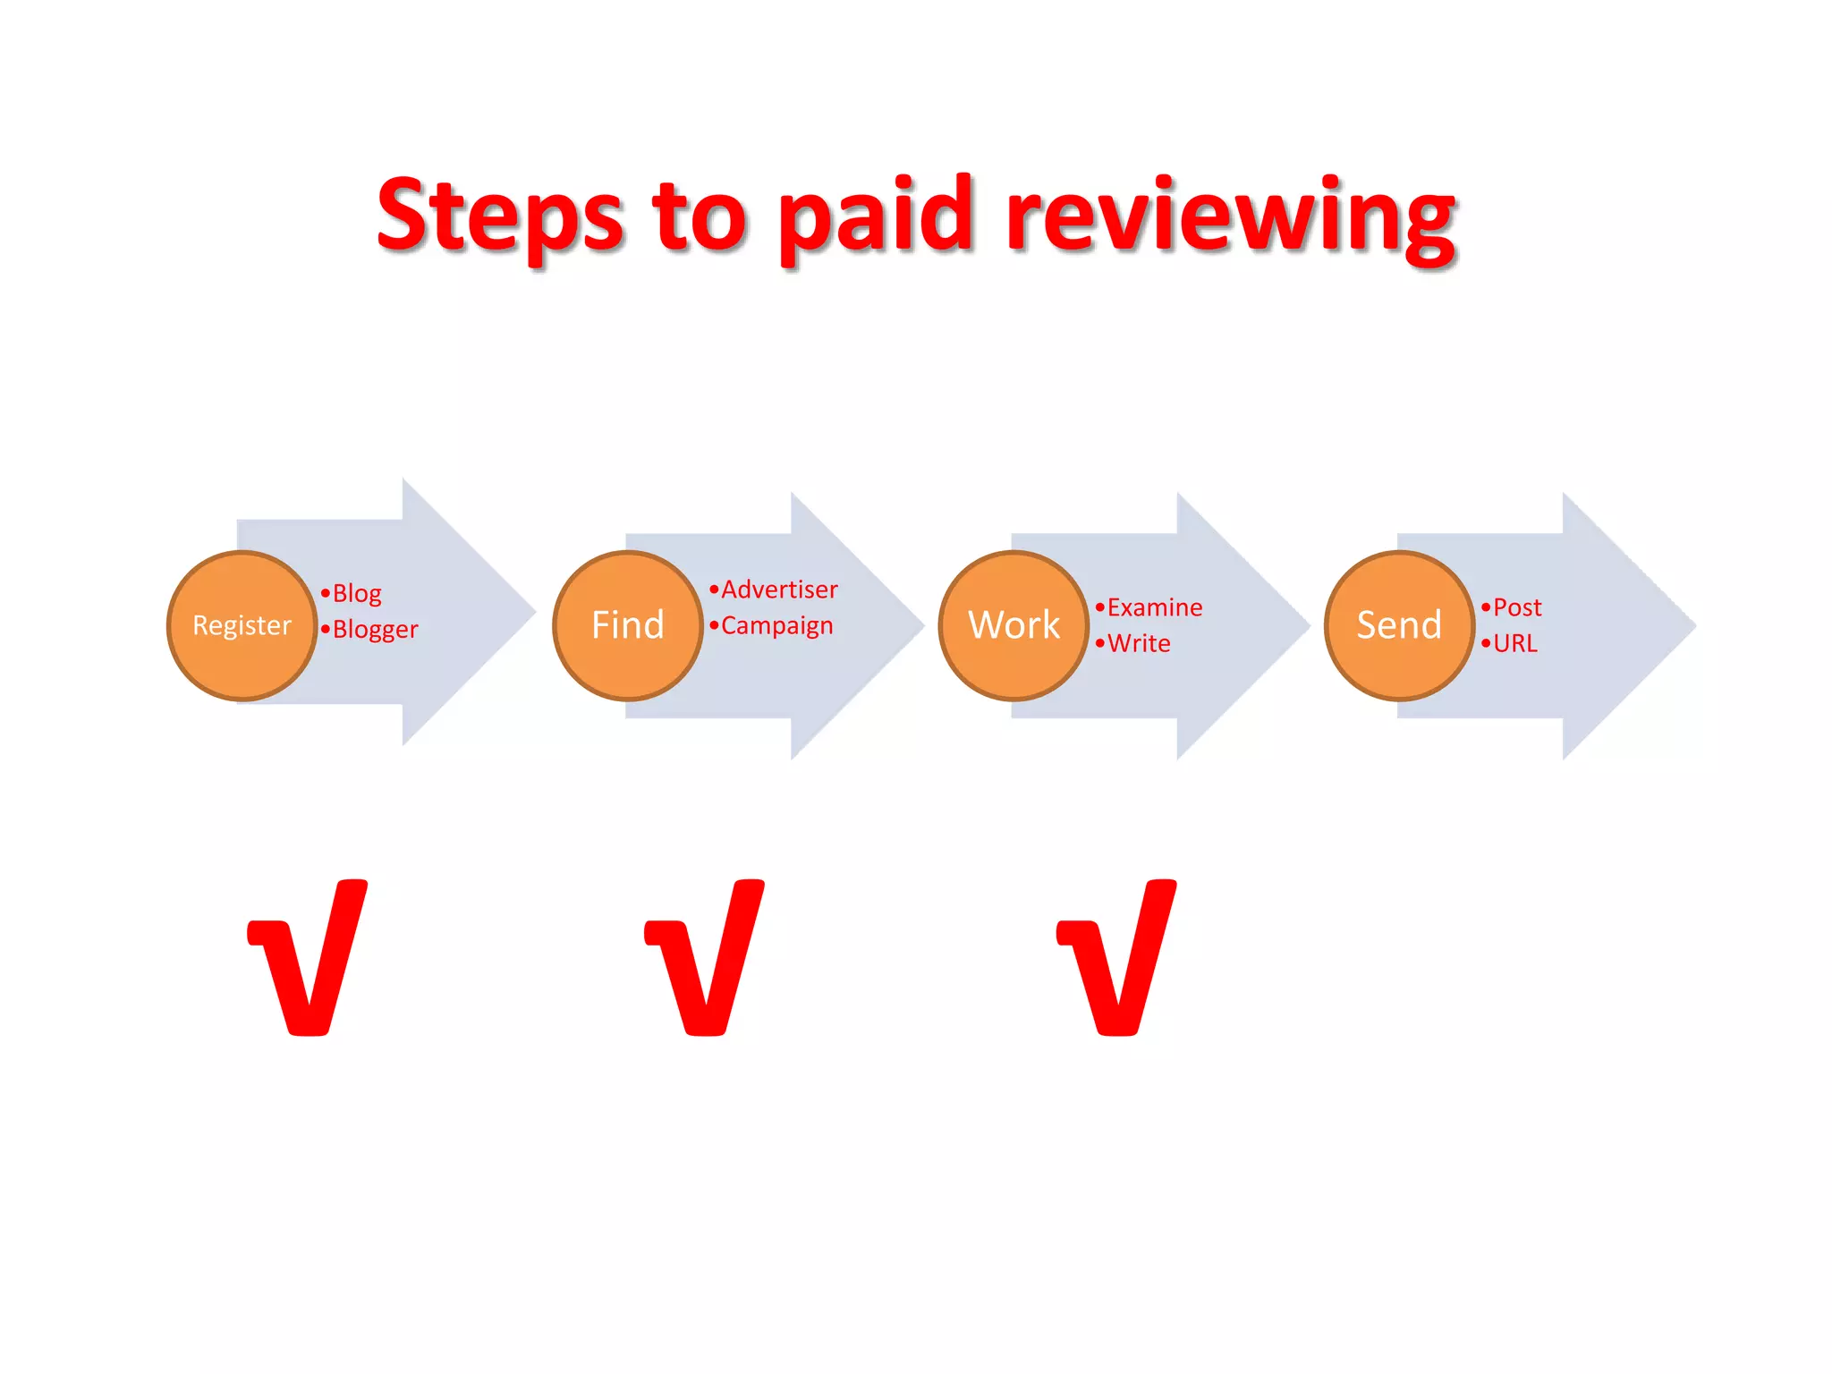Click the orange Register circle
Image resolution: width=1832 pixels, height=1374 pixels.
point(242,625)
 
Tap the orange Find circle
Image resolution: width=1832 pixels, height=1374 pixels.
point(628,625)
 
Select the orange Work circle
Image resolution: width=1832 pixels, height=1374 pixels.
point(1014,625)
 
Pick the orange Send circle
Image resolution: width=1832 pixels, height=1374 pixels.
point(1399,625)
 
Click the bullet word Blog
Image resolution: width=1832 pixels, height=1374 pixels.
point(357,594)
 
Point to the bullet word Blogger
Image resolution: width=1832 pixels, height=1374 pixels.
point(375,630)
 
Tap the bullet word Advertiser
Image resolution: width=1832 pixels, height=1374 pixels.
point(779,590)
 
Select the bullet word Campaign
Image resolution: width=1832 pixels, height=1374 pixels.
point(776,626)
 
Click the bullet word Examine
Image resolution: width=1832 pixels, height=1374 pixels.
point(1154,608)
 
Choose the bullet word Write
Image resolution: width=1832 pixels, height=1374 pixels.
point(1139,644)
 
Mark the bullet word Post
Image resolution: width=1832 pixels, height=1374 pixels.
point(1517,608)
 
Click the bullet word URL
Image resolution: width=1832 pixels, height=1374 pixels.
point(1515,644)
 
